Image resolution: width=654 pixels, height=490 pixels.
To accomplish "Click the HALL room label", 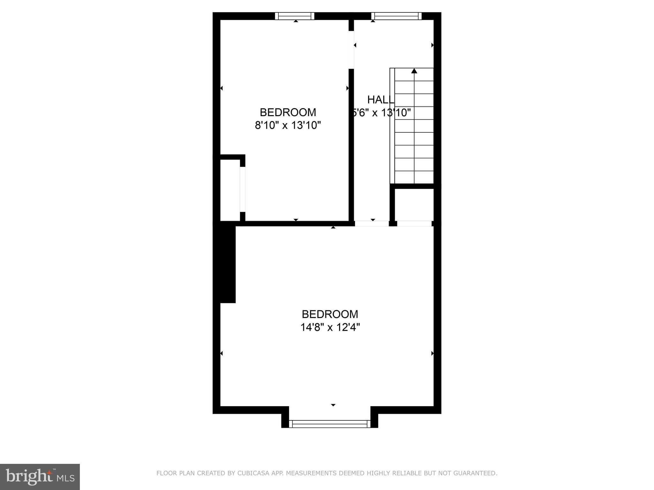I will coord(381,100).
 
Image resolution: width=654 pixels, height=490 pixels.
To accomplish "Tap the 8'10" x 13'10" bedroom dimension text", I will coord(288,125).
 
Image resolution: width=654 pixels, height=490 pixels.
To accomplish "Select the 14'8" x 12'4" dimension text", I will coord(330,327).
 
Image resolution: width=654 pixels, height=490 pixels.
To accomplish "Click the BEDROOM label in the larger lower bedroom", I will coord(330,314).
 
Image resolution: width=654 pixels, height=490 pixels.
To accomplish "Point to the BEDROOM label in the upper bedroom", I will coord(288,112).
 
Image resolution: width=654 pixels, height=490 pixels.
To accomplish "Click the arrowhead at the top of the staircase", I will coord(414,71).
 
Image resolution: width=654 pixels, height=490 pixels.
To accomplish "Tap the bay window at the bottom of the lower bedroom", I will coord(330,424).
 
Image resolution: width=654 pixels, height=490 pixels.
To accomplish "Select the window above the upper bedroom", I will coord(295,16).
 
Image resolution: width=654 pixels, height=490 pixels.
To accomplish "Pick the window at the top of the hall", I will coord(397,16).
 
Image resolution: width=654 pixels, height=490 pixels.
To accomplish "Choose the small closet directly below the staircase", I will coord(414,204).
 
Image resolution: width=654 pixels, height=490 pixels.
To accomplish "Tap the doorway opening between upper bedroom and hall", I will coord(351,50).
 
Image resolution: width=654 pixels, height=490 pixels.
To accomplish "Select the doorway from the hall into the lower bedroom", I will coord(372,224).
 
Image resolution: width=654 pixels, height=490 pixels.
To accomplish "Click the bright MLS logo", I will coord(40,477).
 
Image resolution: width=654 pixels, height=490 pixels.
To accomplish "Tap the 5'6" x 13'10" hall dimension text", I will coord(381,113).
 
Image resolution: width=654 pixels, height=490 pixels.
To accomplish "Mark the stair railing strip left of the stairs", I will coord(392,126).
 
